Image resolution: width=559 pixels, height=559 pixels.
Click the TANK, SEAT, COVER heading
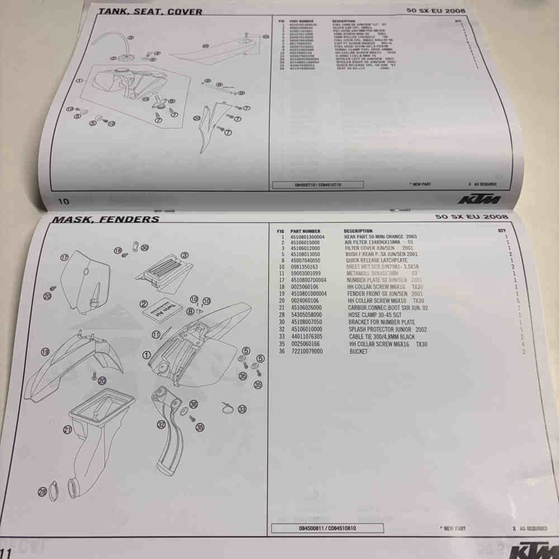click(150, 11)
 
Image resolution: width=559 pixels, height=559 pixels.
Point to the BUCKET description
click(359, 352)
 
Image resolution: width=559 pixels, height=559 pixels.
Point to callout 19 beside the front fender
click(45, 352)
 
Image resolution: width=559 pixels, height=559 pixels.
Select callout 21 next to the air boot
click(68, 430)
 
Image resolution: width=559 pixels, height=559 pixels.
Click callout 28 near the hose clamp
click(42, 492)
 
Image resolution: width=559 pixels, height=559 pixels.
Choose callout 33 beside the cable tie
click(242, 410)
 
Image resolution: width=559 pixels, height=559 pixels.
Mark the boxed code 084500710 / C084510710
click(318, 184)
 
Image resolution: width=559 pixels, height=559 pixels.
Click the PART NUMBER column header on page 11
click(305, 231)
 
